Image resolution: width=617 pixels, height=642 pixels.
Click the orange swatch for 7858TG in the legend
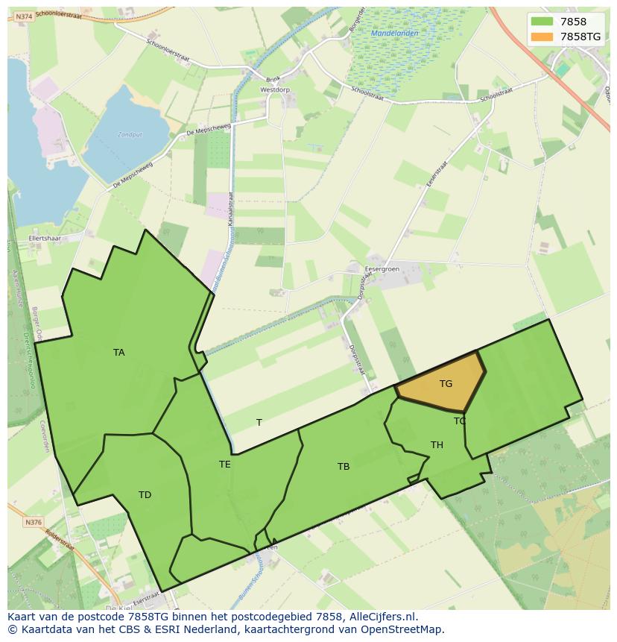coord(542,37)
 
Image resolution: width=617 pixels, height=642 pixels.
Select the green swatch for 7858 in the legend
coord(542,22)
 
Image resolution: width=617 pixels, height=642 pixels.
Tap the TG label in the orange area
coord(446,384)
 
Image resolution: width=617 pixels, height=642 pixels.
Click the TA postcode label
coord(119,353)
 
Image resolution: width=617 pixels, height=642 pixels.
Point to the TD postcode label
coord(145,495)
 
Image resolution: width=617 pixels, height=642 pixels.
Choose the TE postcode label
coord(225,465)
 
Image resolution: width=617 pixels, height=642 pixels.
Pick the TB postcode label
coord(344,467)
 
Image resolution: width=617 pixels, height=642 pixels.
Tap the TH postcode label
coord(437,445)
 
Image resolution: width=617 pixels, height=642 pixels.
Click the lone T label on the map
coord(259,423)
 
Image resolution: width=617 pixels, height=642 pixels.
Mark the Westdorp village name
coord(274,89)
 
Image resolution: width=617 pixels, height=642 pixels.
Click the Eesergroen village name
coord(382,268)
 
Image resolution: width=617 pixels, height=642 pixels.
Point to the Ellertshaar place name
coord(45,239)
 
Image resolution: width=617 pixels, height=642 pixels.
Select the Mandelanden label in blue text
coord(394,34)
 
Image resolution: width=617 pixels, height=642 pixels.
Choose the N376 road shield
coord(33,523)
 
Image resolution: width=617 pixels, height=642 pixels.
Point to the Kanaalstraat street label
coord(230,208)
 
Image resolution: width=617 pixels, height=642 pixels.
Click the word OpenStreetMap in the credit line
coord(402,629)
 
